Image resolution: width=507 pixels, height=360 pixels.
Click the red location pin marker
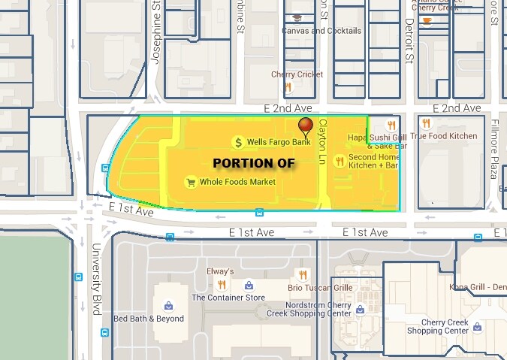point(305,126)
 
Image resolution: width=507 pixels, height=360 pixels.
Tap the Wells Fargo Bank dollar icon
point(239,142)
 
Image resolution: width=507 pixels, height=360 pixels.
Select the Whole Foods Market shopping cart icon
point(191,182)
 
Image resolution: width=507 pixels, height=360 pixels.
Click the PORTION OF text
point(253,162)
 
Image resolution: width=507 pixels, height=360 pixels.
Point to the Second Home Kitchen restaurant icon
point(339,161)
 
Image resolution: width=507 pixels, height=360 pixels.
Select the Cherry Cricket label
point(297,74)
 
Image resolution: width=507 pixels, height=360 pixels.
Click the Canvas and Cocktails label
point(321,31)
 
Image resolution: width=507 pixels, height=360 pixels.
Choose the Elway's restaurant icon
point(221,284)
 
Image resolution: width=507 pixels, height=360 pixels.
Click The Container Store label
point(228,297)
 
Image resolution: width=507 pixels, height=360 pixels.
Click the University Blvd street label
point(96,279)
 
